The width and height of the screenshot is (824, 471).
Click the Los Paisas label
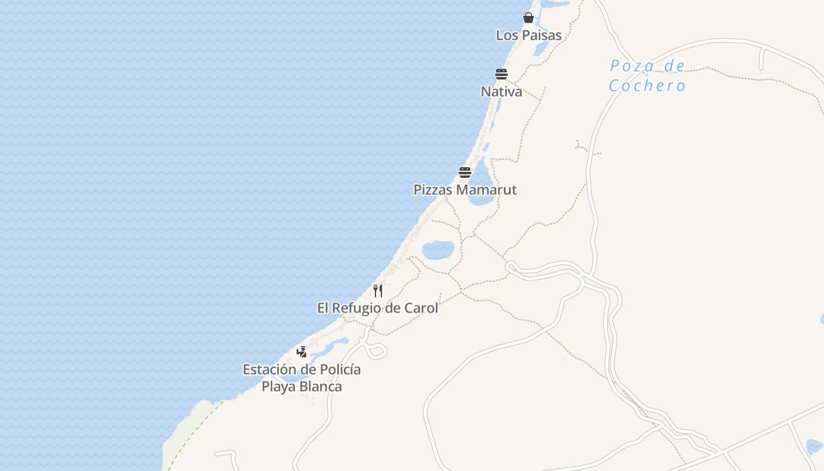coord(529,35)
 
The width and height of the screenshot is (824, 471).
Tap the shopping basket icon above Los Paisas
coord(529,18)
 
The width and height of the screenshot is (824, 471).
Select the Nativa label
coord(501,92)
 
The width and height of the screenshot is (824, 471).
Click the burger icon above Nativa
coord(501,74)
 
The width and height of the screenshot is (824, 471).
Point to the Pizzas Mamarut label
coord(465,190)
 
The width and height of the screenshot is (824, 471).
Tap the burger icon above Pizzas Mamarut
coord(465,173)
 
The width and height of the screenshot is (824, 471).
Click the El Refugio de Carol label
coord(377,309)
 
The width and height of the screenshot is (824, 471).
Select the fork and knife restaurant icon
coord(378,291)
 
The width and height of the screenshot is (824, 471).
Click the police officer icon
coord(302,352)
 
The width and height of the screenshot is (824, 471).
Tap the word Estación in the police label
coord(269,370)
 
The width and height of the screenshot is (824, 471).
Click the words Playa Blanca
coord(301,387)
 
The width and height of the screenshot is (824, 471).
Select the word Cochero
coord(647,86)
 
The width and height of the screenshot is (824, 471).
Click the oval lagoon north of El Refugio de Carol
coord(438,250)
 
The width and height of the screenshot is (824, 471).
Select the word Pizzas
coord(433,190)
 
